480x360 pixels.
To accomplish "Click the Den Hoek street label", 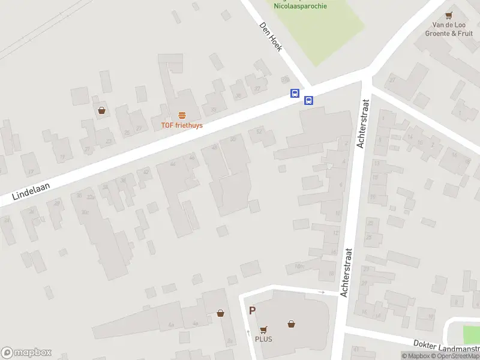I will point(271,37).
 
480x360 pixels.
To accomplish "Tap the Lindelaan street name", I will point(30,191).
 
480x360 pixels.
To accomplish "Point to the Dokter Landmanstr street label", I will point(446,346).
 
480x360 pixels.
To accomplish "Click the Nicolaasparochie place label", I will point(300,6).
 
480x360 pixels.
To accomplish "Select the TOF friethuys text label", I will point(181,125).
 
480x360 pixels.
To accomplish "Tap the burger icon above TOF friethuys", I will point(182,115).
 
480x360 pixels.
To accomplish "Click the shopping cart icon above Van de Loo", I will point(448,16).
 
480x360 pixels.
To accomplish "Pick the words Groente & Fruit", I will point(449,34).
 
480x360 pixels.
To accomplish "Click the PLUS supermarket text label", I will point(263,339).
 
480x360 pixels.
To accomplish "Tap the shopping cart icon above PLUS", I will point(263,329).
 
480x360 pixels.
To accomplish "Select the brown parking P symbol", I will point(253,311).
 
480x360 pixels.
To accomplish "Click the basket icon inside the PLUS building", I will point(291,324).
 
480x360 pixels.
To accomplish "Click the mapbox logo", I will point(26,353).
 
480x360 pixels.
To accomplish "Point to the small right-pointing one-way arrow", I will point(321,292).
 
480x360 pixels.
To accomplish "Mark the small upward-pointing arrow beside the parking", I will point(248,332).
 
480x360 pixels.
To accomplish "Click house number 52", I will point(259,131).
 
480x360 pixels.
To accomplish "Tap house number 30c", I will point(85,212).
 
